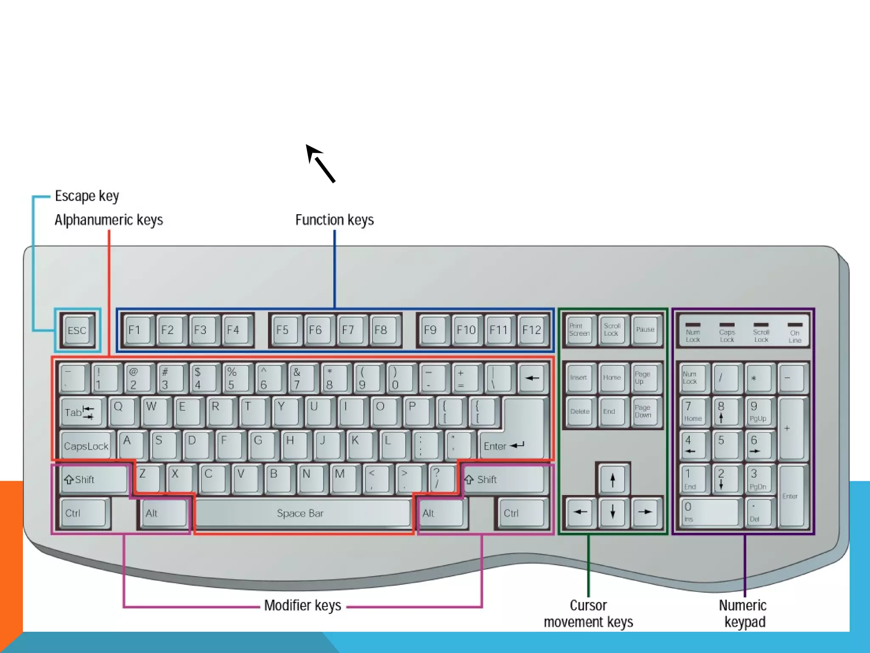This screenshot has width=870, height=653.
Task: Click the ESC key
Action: coord(77,330)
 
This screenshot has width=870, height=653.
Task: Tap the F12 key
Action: coord(531,330)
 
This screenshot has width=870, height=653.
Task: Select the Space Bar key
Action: coord(301,513)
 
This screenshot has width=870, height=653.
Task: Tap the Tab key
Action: coord(81,412)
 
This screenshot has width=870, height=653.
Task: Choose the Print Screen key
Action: coord(579,330)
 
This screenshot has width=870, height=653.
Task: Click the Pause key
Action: coord(645,330)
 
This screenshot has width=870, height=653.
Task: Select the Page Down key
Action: coord(644,412)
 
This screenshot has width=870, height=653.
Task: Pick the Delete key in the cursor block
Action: coord(579,412)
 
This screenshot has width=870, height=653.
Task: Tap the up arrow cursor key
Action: coord(612,480)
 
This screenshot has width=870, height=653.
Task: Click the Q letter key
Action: coord(121,411)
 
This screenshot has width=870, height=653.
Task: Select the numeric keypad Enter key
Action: coord(791,496)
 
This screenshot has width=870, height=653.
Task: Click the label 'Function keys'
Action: coord(334,220)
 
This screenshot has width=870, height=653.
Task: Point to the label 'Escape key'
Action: coord(87,196)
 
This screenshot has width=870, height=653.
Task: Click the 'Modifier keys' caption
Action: coord(302,605)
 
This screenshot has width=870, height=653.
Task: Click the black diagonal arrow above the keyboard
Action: coord(320,163)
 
